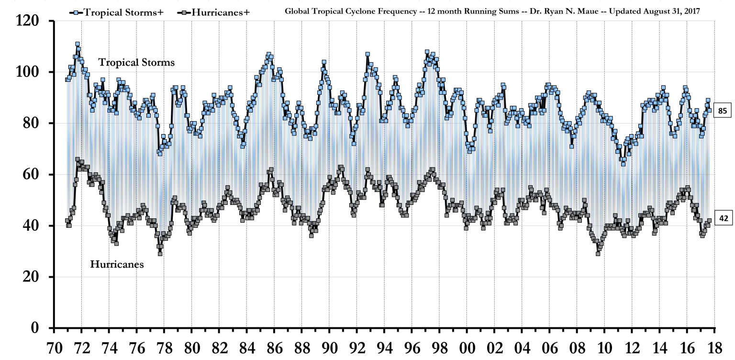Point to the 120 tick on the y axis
(x=32, y=21)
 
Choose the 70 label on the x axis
(x=54, y=347)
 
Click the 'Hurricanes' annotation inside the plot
(x=117, y=264)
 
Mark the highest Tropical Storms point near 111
(x=77, y=44)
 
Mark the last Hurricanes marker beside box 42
(x=709, y=221)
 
